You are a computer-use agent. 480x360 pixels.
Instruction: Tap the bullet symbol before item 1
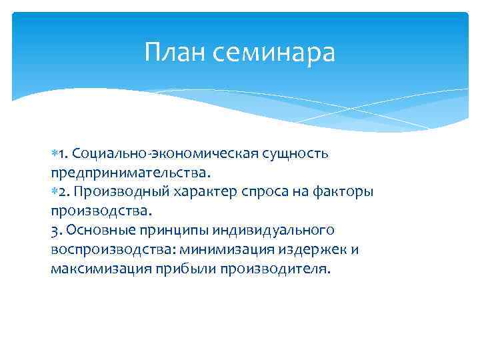(x=54, y=155)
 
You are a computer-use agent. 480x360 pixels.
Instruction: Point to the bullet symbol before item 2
(x=54, y=193)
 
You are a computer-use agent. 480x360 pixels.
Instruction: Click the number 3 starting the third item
(x=54, y=231)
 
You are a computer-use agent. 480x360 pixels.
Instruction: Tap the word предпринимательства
(x=130, y=173)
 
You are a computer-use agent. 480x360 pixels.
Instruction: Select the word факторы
(x=344, y=193)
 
